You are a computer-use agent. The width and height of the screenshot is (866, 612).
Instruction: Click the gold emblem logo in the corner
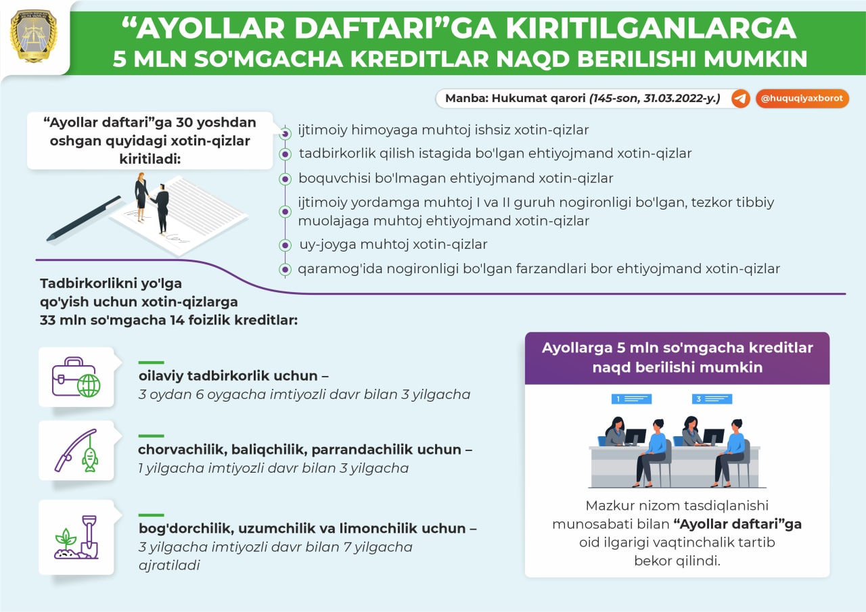pyautogui.click(x=34, y=36)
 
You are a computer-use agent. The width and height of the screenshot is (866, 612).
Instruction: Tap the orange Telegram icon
pyautogui.click(x=740, y=99)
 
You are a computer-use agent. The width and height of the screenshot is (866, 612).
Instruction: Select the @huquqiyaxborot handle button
pyautogui.click(x=802, y=99)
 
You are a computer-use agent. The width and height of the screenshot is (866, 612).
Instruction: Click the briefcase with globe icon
pyautogui.click(x=76, y=377)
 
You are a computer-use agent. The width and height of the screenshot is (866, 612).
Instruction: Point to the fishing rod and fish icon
pyautogui.click(x=76, y=450)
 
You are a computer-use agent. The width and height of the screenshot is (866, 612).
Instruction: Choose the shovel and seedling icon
pyautogui.click(x=76, y=537)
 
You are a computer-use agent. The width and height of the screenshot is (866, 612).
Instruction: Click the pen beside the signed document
pyautogui.click(x=83, y=218)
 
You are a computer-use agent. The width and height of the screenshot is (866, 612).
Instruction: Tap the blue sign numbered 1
pyautogui.click(x=631, y=399)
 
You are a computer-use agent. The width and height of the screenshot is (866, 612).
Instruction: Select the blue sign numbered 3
pyautogui.click(x=712, y=399)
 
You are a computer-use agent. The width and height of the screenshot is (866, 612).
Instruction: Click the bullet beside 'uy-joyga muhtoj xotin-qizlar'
pyautogui.click(x=285, y=245)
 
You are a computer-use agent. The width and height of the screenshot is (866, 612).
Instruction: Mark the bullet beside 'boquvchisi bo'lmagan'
pyautogui.click(x=285, y=179)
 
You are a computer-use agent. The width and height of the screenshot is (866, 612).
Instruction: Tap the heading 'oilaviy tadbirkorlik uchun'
pyautogui.click(x=228, y=375)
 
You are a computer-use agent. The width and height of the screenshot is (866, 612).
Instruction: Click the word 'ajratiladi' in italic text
pyautogui.click(x=169, y=565)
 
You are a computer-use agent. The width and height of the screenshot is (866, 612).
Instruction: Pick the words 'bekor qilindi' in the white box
pyautogui.click(x=677, y=561)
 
